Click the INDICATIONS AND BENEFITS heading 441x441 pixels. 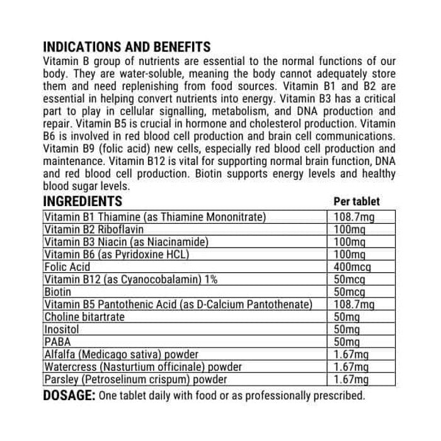point(126,48)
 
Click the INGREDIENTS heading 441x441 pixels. point(82,202)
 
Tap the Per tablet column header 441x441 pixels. point(356,202)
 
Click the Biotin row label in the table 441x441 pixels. point(57,292)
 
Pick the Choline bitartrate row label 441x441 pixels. point(84,316)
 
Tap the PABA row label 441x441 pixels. point(55,341)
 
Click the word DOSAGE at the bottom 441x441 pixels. point(68,396)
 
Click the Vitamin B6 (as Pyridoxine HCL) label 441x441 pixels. point(116,254)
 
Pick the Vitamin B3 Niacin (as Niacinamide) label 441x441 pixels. point(126,241)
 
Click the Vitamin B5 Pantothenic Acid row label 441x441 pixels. point(178,304)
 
